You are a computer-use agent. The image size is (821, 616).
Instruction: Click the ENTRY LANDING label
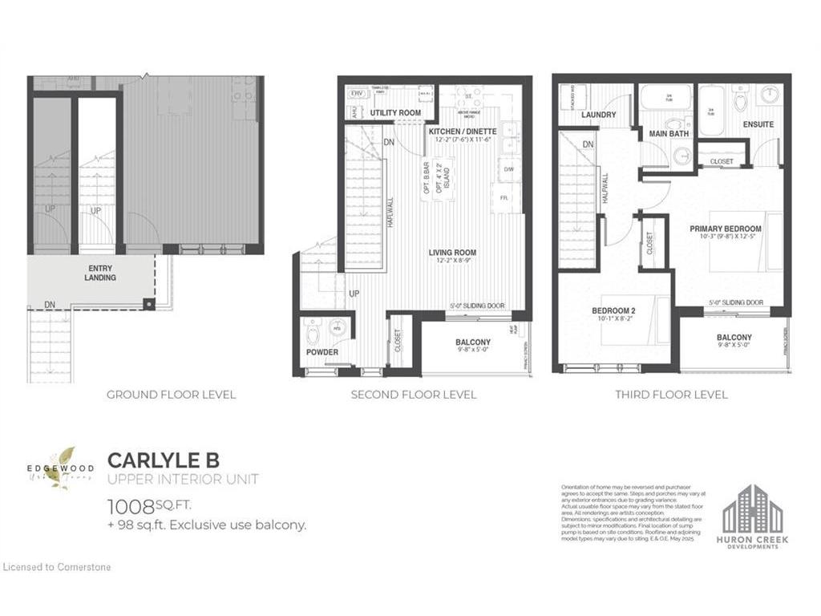click(99, 273)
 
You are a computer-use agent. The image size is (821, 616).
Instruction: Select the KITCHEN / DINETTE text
click(463, 131)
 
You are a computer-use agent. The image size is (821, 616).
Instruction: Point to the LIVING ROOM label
click(452, 253)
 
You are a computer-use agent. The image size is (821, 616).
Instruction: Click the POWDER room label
click(322, 352)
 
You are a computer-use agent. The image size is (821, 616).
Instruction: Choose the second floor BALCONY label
click(473, 342)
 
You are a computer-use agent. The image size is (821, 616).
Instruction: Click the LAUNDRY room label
click(598, 115)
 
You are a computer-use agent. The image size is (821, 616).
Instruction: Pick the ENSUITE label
click(758, 124)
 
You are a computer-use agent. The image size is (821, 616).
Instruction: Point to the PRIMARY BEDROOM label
click(726, 229)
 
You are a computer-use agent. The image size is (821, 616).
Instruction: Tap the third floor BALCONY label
click(734, 338)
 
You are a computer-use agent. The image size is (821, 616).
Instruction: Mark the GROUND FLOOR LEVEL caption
click(171, 395)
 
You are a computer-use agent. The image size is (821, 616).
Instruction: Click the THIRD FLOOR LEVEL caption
click(671, 395)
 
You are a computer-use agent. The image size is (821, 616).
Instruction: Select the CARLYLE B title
click(163, 460)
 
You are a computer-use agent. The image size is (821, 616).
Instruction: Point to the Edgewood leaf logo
click(59, 465)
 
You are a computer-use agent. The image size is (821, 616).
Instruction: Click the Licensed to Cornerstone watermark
click(57, 567)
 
